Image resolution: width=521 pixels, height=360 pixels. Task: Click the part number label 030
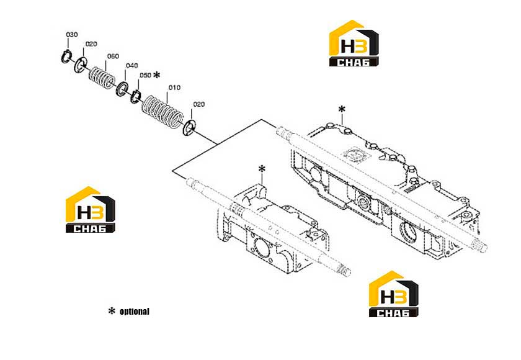tap(72, 35)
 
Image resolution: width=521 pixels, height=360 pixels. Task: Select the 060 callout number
tap(113, 56)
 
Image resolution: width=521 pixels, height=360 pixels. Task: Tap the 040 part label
tap(132, 66)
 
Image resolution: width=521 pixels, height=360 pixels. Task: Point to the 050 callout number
tap(145, 75)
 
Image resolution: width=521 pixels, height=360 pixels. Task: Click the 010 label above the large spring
tap(174, 88)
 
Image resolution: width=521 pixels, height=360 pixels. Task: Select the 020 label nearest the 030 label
tap(91, 44)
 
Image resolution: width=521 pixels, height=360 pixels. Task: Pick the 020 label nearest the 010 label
tap(198, 104)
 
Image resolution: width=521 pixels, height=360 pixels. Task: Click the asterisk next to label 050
tap(156, 74)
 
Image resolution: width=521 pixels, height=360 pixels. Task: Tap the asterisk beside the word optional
tap(112, 311)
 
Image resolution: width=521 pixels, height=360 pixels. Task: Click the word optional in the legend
tap(135, 312)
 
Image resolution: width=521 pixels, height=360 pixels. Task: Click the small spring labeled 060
tap(102, 78)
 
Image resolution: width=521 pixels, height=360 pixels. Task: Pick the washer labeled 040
tap(122, 88)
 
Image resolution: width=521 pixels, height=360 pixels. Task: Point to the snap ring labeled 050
tap(136, 96)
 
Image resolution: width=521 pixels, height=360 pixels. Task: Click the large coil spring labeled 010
tap(163, 113)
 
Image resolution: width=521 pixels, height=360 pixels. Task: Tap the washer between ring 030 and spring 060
tap(80, 64)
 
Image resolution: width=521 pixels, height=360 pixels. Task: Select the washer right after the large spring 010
tap(189, 128)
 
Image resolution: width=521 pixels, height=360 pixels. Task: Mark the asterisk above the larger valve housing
tap(342, 109)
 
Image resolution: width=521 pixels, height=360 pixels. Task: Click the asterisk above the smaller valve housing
tap(262, 169)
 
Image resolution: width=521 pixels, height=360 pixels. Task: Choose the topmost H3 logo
tap(354, 43)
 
